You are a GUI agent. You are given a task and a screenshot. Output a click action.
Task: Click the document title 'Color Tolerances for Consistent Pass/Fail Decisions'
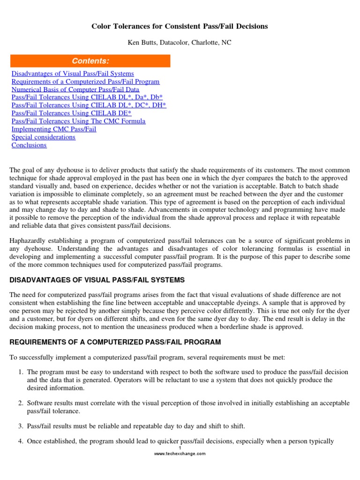coord(180,26)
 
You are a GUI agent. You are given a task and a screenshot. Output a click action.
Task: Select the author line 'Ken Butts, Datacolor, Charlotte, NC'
coord(180,43)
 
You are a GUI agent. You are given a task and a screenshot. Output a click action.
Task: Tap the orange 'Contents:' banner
coord(90,61)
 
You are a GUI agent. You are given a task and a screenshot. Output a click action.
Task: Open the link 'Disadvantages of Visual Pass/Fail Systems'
coord(73,74)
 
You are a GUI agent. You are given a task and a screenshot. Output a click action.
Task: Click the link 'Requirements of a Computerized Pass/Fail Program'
coord(85,82)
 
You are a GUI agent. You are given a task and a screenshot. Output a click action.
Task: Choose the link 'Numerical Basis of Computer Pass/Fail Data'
coord(75,90)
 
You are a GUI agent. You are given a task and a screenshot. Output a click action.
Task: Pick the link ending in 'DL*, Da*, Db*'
coord(87,97)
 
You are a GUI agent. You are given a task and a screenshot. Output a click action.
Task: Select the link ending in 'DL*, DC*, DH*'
coord(89,105)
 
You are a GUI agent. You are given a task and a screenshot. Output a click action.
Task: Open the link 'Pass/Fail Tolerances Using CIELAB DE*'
coord(71,113)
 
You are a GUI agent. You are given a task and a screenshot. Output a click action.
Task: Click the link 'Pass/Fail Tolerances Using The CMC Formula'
coord(78,121)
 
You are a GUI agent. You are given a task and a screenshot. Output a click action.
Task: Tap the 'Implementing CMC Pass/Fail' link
coord(54,129)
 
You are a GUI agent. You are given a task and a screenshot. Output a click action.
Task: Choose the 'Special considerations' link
coord(43,137)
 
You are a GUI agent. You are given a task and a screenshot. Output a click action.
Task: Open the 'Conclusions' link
coord(29,145)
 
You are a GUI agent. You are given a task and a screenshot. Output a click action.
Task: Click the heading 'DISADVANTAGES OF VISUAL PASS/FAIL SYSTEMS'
coord(97,280)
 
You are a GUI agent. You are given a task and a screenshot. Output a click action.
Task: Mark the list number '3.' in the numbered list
coord(21,426)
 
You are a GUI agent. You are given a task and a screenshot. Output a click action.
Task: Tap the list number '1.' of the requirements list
coord(21,372)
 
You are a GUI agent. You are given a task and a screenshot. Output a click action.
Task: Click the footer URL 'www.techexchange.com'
coord(180,454)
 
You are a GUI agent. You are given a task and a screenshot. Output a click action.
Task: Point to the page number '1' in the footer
coord(180,448)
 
